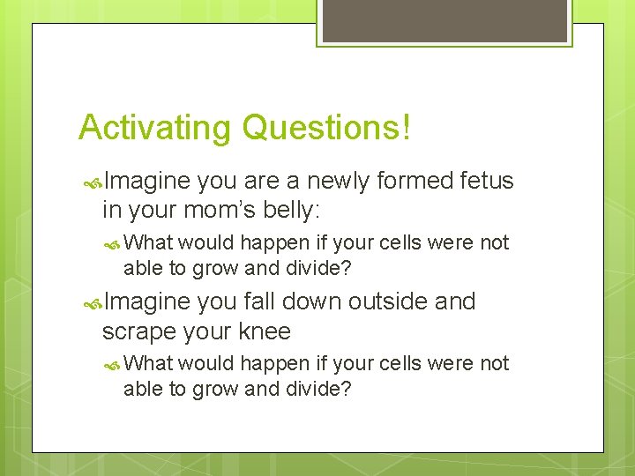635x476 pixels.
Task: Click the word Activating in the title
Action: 155,128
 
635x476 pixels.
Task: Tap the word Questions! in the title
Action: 325,128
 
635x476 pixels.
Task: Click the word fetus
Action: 487,181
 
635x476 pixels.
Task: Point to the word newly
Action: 339,182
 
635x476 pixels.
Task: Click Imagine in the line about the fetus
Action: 147,182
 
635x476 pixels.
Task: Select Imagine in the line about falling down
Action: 147,302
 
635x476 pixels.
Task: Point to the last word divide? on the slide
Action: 319,388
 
